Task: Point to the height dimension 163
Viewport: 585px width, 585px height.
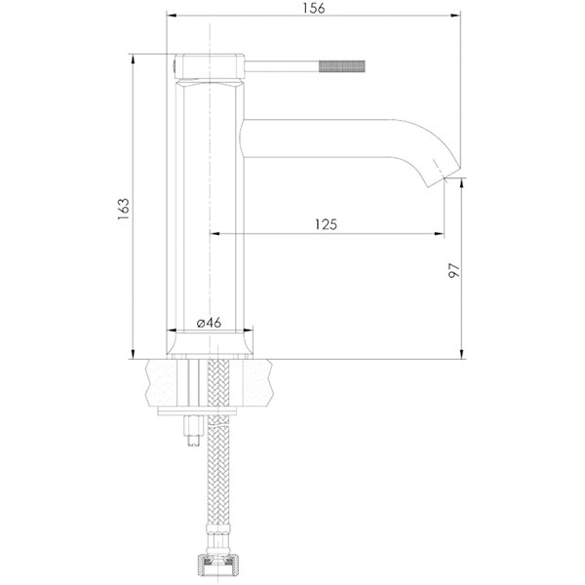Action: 123,207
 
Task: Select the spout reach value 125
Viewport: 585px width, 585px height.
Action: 326,223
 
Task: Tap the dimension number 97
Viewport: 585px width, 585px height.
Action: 453,270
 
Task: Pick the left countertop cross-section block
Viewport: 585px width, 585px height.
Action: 166,382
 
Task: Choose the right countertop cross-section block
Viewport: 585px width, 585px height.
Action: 251,382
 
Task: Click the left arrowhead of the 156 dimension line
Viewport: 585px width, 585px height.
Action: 171,17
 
